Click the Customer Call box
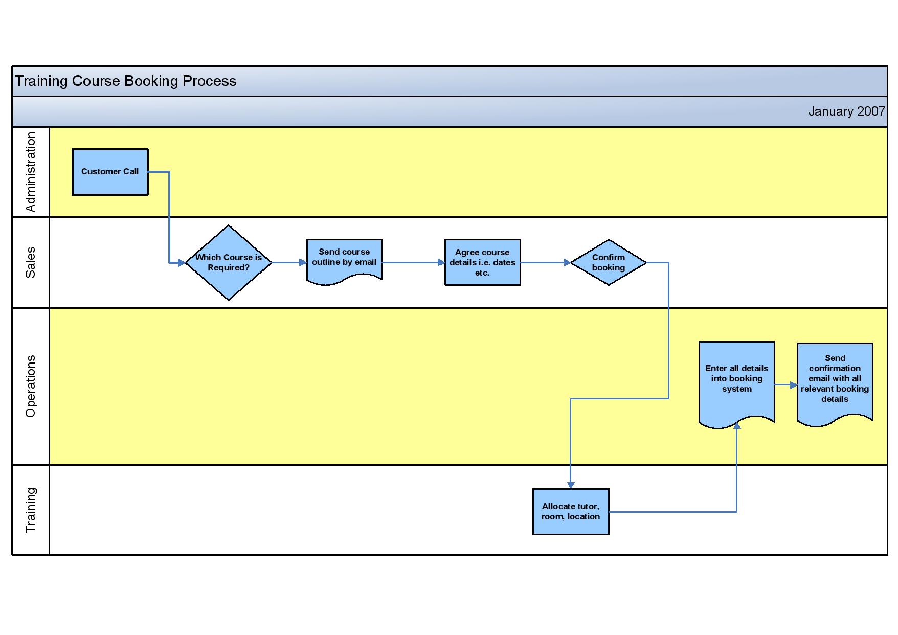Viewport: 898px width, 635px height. [110, 172]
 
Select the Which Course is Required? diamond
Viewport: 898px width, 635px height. [229, 263]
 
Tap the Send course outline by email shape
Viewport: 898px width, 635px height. [344, 261]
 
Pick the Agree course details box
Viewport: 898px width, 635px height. [483, 262]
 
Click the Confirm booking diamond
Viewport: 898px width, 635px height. [609, 262]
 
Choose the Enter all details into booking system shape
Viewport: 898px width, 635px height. [737, 383]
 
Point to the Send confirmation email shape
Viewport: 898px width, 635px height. [835, 383]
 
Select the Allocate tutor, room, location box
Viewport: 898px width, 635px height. [571, 512]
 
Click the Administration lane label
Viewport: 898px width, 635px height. [31, 172]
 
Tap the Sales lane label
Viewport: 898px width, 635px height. [31, 263]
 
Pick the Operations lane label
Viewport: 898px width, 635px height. [31, 387]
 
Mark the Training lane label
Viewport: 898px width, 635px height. [31, 510]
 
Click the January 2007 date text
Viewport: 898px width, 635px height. [846, 111]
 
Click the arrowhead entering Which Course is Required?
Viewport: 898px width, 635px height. [182, 263]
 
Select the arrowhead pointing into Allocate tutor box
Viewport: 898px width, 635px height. [571, 485]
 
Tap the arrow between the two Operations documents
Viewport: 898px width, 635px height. [786, 385]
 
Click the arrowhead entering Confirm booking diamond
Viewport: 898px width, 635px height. [567, 263]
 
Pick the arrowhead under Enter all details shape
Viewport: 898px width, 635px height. [737, 426]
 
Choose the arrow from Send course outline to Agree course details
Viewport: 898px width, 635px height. [414, 263]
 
